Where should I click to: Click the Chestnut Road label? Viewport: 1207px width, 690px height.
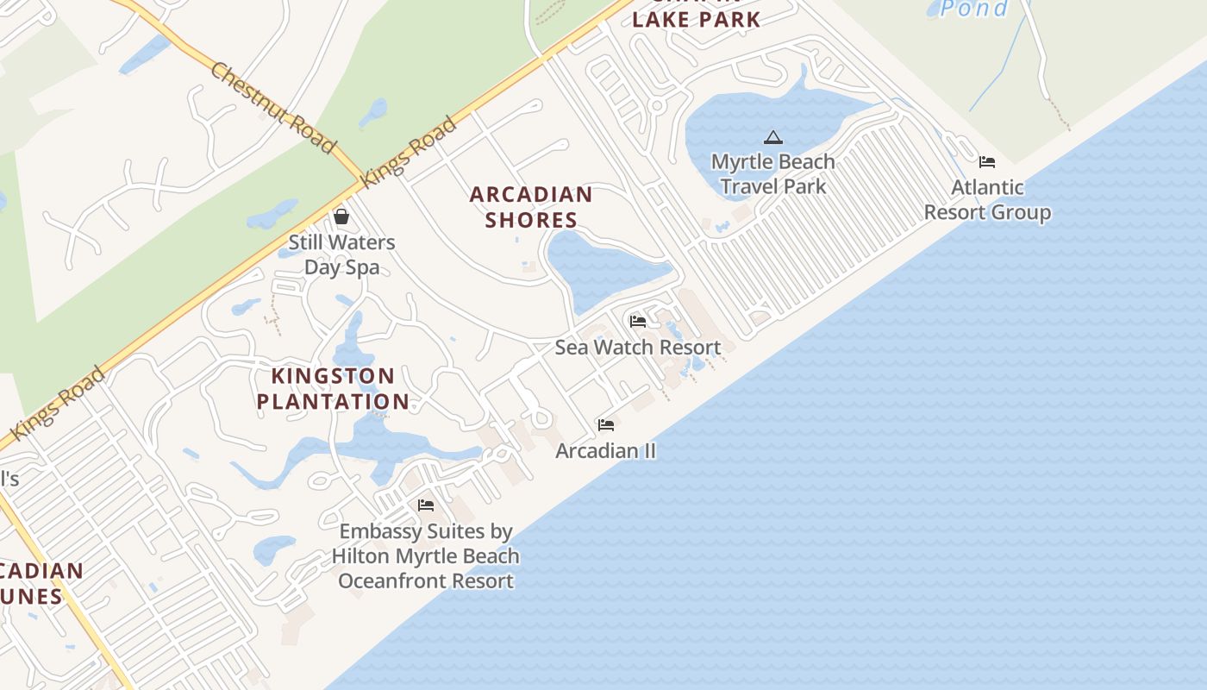pos(272,108)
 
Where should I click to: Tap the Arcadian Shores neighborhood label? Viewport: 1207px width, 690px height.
pos(531,207)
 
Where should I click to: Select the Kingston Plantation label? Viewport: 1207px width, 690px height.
pos(333,389)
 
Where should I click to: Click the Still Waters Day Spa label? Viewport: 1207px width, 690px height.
pos(341,254)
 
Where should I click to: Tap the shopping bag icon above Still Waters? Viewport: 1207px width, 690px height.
pos(341,216)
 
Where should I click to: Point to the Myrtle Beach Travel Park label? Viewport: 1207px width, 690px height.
pos(772,174)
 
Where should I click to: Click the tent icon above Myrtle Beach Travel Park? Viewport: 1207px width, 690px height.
pos(773,137)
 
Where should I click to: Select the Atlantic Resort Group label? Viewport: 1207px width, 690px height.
pos(987,200)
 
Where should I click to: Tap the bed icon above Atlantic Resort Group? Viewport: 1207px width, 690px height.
pos(987,162)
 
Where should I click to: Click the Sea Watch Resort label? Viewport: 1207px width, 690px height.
pos(638,348)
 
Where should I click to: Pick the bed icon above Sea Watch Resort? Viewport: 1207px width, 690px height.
pos(638,322)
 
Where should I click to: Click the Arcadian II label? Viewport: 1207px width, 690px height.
pos(606,451)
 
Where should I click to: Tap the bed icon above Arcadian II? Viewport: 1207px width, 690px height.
pos(606,425)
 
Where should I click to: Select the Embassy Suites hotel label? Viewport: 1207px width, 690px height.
pos(426,556)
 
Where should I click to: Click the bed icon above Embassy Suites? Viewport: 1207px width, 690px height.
pos(426,505)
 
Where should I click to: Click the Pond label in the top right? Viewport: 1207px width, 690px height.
pos(974,9)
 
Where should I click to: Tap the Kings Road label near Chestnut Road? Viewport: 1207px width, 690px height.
pos(409,153)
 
